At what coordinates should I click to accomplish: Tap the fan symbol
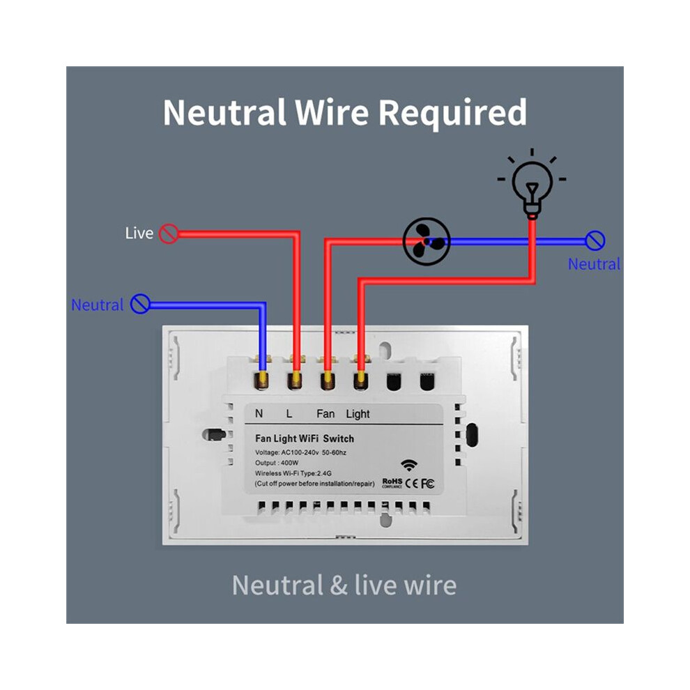click(x=427, y=242)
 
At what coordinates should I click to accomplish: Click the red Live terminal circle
click(x=169, y=233)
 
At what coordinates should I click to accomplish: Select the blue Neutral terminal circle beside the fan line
click(x=595, y=240)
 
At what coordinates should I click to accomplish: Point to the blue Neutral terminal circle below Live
click(x=140, y=304)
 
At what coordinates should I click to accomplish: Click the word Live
click(x=139, y=233)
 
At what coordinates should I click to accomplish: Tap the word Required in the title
click(x=452, y=114)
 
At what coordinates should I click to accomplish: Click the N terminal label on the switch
click(x=259, y=413)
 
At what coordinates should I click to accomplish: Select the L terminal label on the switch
click(x=289, y=413)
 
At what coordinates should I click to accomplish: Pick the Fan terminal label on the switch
click(x=325, y=413)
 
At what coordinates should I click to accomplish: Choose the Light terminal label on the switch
click(x=358, y=414)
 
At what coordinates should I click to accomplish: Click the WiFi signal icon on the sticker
click(x=409, y=465)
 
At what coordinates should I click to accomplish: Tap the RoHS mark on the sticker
click(x=392, y=483)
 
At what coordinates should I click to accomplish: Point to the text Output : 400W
click(x=277, y=463)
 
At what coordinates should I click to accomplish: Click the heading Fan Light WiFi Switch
click(x=305, y=438)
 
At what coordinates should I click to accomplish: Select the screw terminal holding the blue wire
click(x=262, y=381)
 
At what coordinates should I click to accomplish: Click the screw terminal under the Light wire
click(x=361, y=381)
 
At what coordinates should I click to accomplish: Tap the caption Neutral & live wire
click(x=344, y=585)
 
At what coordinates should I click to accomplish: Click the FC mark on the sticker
click(x=427, y=484)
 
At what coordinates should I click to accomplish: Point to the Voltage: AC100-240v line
click(x=300, y=452)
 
